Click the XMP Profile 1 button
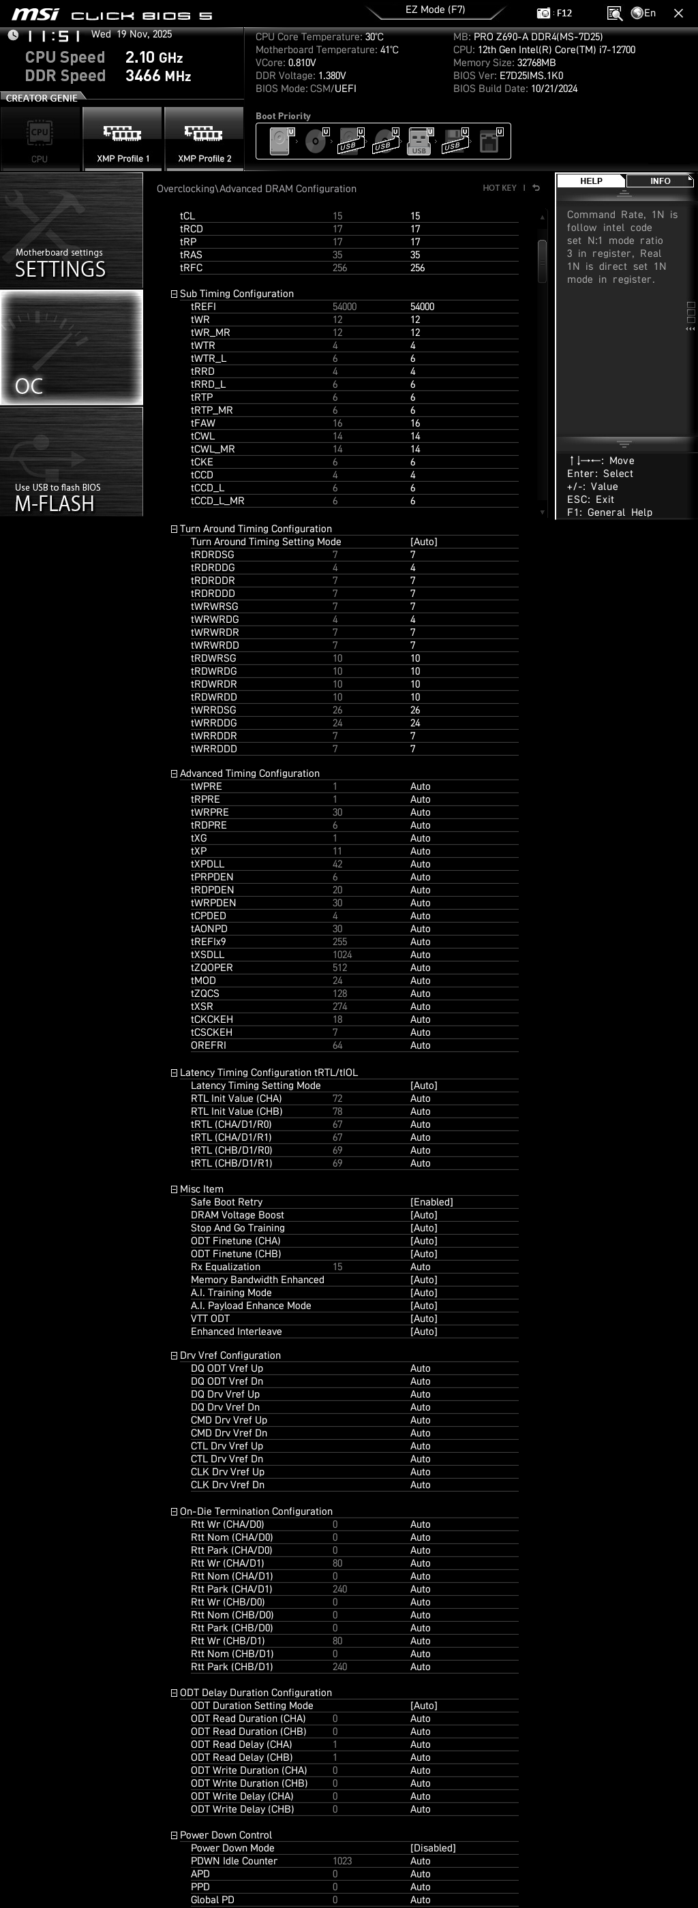click(122, 139)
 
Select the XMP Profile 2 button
click(204, 139)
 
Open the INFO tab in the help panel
click(659, 181)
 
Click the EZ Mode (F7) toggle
click(435, 10)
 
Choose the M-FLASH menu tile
click(71, 461)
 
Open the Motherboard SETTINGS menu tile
click(71, 230)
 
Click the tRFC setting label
click(191, 268)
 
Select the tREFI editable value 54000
click(422, 307)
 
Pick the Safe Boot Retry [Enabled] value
click(431, 1202)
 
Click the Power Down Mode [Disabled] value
click(433, 1848)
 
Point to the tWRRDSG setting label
click(213, 710)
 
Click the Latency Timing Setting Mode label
click(255, 1086)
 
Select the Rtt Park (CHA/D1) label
click(231, 1589)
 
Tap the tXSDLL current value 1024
click(342, 955)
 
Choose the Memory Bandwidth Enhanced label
click(257, 1280)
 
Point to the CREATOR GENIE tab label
click(42, 97)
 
